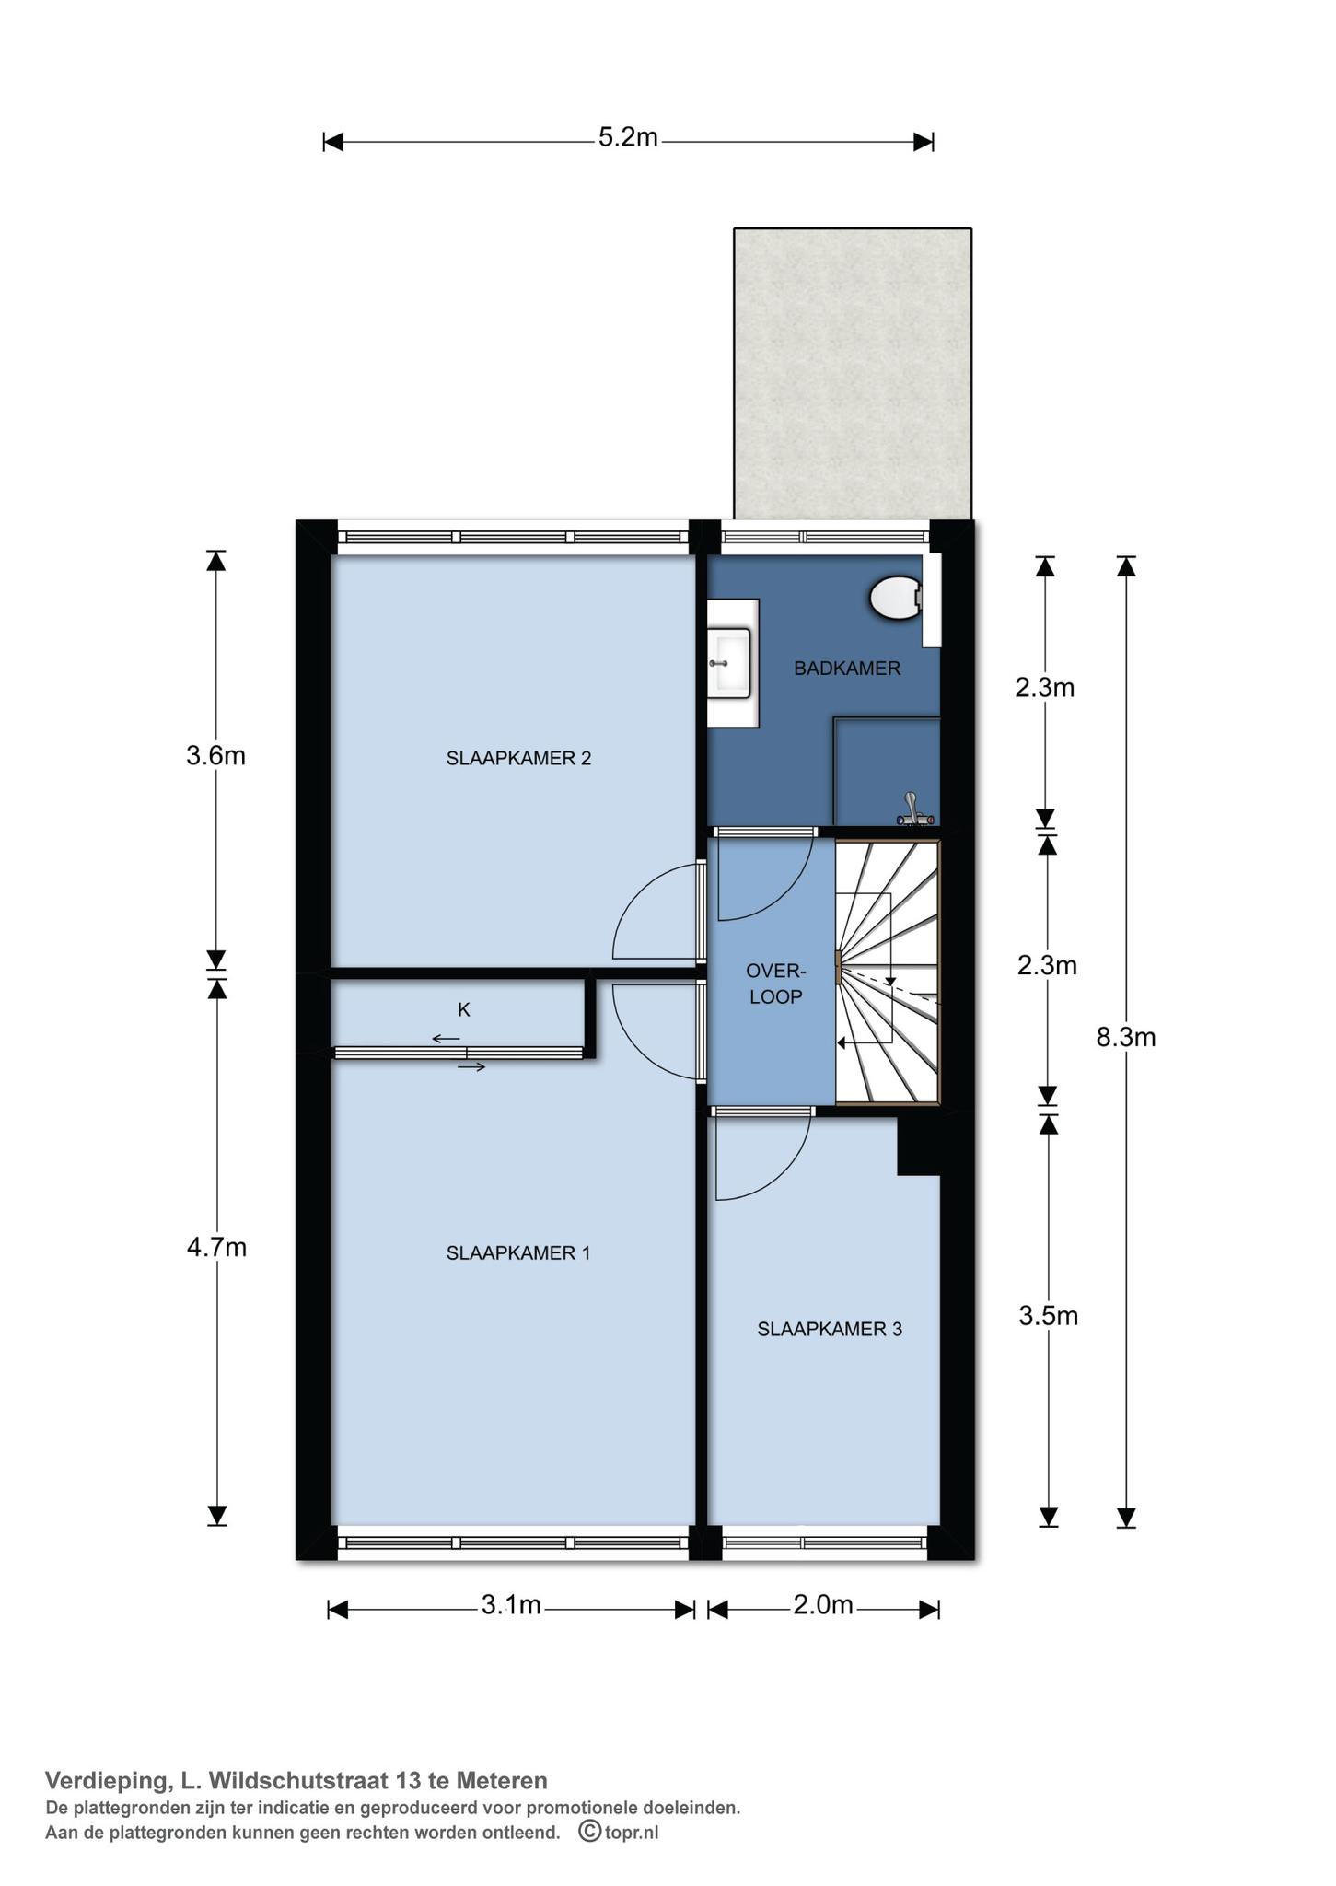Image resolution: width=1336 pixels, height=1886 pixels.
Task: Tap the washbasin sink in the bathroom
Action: pyautogui.click(x=733, y=662)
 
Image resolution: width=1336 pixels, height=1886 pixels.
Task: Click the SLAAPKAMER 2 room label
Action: pyautogui.click(x=518, y=758)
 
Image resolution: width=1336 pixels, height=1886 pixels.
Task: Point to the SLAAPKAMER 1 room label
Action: pyautogui.click(x=517, y=1252)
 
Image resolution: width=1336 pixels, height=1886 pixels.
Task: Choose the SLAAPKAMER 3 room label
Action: pyautogui.click(x=830, y=1329)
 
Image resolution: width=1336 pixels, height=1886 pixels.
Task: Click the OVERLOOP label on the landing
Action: pyautogui.click(x=775, y=984)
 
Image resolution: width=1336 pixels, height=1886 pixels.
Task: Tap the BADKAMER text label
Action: pyautogui.click(x=847, y=669)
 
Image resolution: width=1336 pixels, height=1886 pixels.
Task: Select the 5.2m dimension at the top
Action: pyautogui.click(x=628, y=137)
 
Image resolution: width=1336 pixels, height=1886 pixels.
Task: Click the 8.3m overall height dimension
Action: pyautogui.click(x=1125, y=1038)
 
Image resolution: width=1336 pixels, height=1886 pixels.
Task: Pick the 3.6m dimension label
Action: pyautogui.click(x=215, y=756)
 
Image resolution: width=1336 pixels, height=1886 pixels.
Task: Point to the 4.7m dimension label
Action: pyautogui.click(x=216, y=1248)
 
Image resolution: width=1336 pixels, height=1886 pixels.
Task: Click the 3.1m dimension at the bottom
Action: pyautogui.click(x=511, y=1605)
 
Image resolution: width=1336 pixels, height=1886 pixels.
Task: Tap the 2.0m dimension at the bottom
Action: pyautogui.click(x=823, y=1605)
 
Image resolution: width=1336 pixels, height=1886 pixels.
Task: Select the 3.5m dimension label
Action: pyautogui.click(x=1048, y=1316)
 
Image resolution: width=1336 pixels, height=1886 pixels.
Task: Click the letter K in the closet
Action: pyautogui.click(x=464, y=1010)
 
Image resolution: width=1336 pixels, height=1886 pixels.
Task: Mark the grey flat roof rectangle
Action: pyautogui.click(x=852, y=373)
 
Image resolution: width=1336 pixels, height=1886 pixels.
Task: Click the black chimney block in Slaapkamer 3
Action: pyautogui.click(x=918, y=1146)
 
